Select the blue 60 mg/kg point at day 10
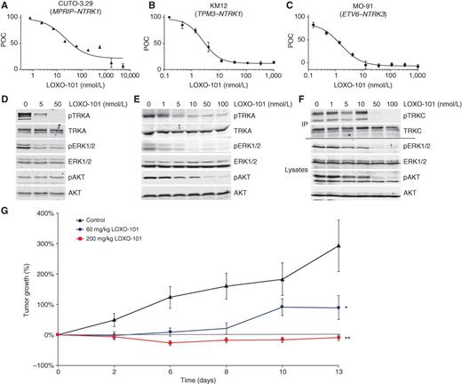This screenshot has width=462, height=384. (283, 308)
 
